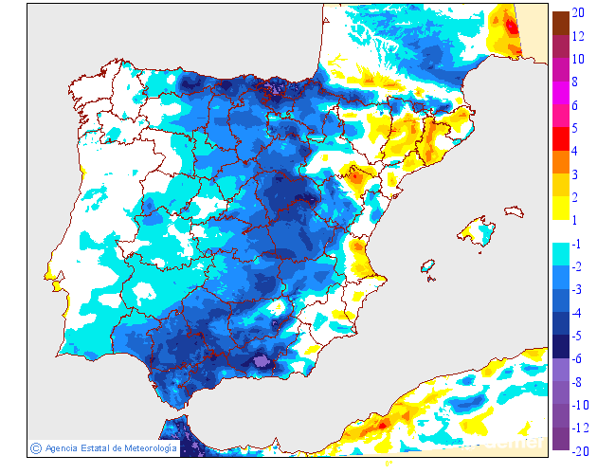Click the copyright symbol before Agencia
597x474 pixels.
[35, 447]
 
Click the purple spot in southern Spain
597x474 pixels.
[262, 360]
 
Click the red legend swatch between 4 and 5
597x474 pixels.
[560, 139]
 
